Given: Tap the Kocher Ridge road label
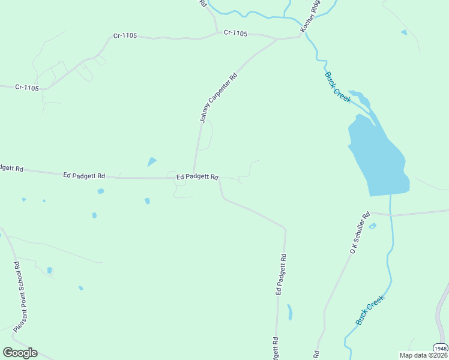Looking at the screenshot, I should click(x=311, y=15).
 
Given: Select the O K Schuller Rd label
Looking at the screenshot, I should click(x=359, y=232).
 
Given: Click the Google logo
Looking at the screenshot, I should click(x=20, y=353).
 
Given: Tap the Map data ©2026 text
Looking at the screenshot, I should click(x=423, y=355).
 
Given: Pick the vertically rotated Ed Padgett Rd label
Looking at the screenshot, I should click(x=280, y=274).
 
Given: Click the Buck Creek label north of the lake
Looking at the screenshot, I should click(x=337, y=87).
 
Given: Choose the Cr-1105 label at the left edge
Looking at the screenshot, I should click(x=26, y=88).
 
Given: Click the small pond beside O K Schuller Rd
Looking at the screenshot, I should click(x=373, y=226).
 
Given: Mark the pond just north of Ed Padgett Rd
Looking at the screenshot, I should click(x=152, y=161).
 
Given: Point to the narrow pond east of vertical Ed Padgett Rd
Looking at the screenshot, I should click(x=290, y=312).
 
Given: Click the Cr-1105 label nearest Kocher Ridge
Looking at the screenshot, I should click(x=235, y=33).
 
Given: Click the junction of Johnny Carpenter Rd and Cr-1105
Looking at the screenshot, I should click(x=276, y=40).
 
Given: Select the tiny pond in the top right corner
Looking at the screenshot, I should click(x=404, y=32).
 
